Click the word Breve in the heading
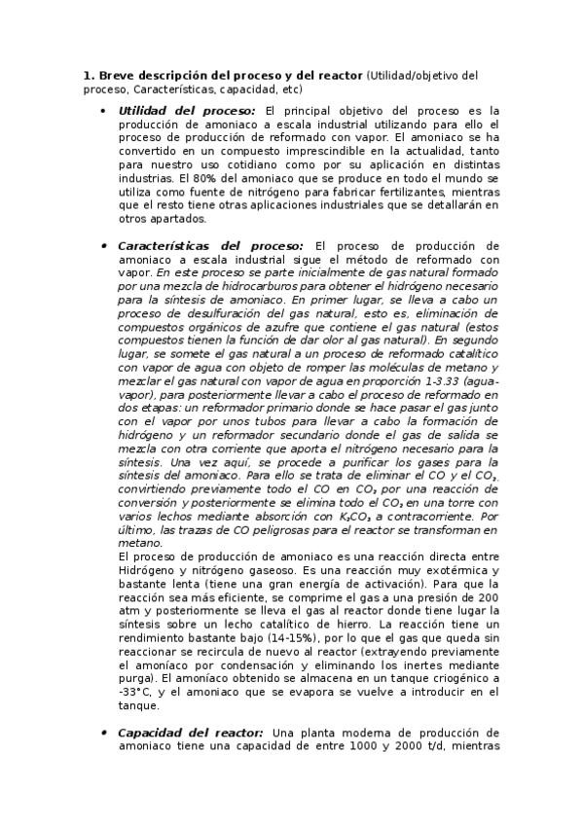[116, 75]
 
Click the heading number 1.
[88, 75]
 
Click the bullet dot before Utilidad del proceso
[103, 111]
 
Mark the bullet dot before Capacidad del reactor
[103, 732]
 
